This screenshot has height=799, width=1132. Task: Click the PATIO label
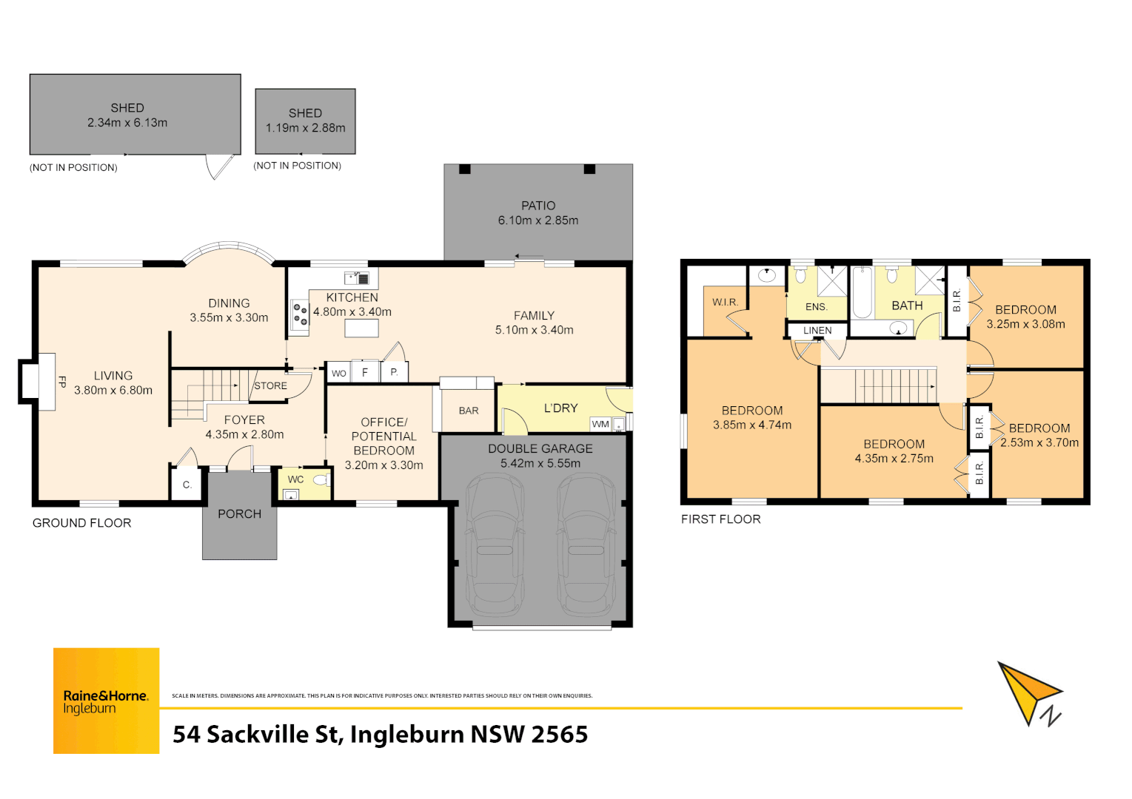[537, 206]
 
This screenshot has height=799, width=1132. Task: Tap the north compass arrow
[1030, 692]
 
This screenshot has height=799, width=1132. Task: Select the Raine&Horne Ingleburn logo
[106, 701]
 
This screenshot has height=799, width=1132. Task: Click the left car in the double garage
[495, 545]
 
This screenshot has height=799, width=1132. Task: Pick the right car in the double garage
[586, 545]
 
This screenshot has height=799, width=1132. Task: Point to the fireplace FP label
[62, 382]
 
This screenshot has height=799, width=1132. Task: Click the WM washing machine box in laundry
[600, 424]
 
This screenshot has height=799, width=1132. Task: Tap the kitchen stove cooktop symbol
[300, 315]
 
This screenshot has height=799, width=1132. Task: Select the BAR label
[469, 411]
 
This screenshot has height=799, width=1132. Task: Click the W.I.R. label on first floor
[725, 302]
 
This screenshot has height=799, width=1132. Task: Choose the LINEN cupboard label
[817, 331]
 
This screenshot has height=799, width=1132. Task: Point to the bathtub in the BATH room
[861, 292]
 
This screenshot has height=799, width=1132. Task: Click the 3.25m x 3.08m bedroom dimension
[1025, 324]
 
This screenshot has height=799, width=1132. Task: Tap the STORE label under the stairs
[270, 385]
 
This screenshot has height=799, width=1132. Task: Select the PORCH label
[239, 514]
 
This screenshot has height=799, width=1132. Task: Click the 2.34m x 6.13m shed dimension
[127, 123]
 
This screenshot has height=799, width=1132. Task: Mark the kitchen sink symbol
[357, 278]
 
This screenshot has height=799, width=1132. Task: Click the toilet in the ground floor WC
[321, 480]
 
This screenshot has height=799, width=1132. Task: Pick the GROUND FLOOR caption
[81, 523]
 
